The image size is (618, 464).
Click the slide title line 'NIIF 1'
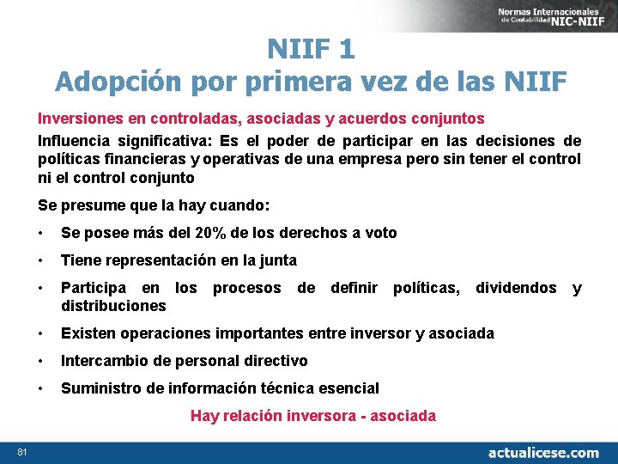[x=310, y=48]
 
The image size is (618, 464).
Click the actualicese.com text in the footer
[x=543, y=452]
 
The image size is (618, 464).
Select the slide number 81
[x=21, y=452]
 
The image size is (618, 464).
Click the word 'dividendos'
[x=516, y=288]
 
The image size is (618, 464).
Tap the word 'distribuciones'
[x=113, y=306]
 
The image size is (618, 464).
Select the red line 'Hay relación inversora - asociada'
[x=312, y=416]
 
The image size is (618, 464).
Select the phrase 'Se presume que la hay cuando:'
[x=154, y=205]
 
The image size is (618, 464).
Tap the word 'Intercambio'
[x=105, y=361]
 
